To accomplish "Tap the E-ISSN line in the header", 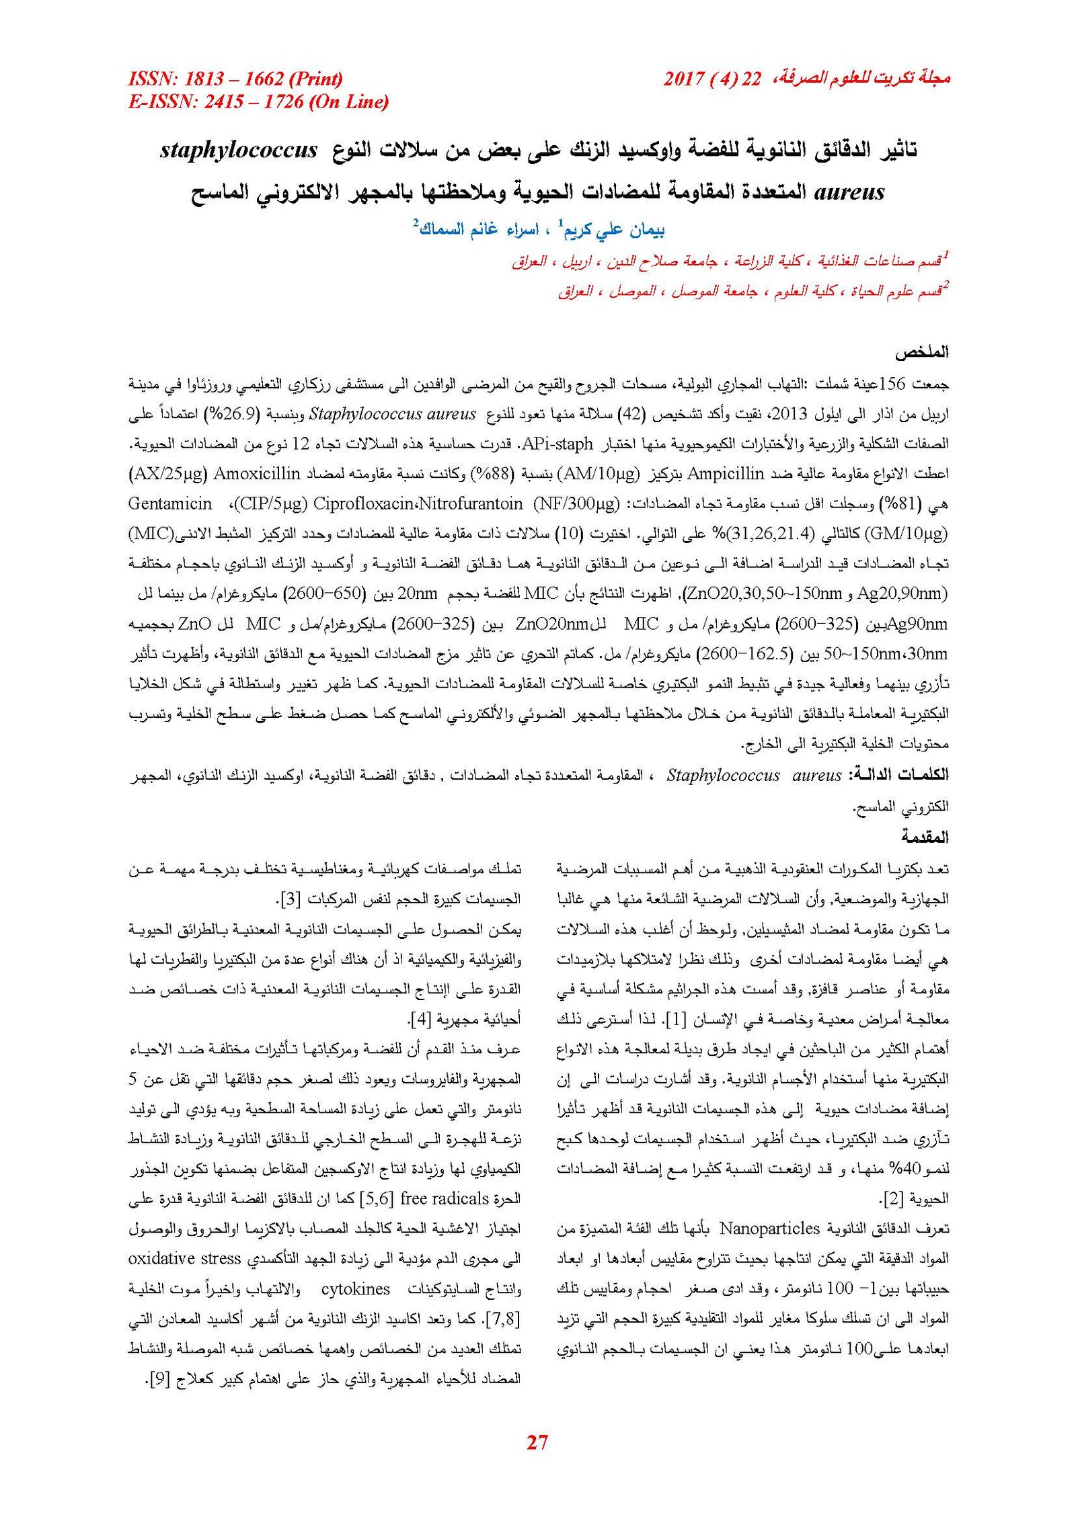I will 258,102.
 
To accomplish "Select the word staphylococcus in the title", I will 239,150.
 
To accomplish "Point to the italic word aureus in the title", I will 849,193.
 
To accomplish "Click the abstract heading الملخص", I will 921,352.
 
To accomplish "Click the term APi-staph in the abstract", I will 558,444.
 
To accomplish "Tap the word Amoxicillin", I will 256,474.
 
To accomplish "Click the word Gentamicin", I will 169,503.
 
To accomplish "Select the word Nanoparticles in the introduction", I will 769,1229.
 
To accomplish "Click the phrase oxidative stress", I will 184,1258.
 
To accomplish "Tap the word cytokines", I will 355,1288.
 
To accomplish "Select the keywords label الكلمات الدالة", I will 898,775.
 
